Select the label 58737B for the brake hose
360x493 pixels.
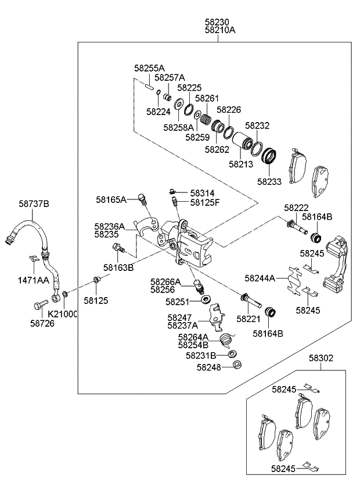pyautogui.click(x=34, y=203)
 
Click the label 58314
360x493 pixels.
pyautogui.click(x=201, y=192)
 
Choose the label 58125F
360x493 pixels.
pyautogui.click(x=206, y=202)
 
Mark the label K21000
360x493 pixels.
pyautogui.click(x=63, y=314)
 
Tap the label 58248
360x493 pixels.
pyautogui.click(x=210, y=367)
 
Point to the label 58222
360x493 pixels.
pyautogui.click(x=296, y=208)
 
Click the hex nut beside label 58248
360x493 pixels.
pyautogui.click(x=236, y=365)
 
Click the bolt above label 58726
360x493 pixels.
pyautogui.click(x=39, y=304)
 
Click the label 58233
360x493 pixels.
pyautogui.click(x=270, y=182)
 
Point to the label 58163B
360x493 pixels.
pyautogui.click(x=118, y=267)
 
